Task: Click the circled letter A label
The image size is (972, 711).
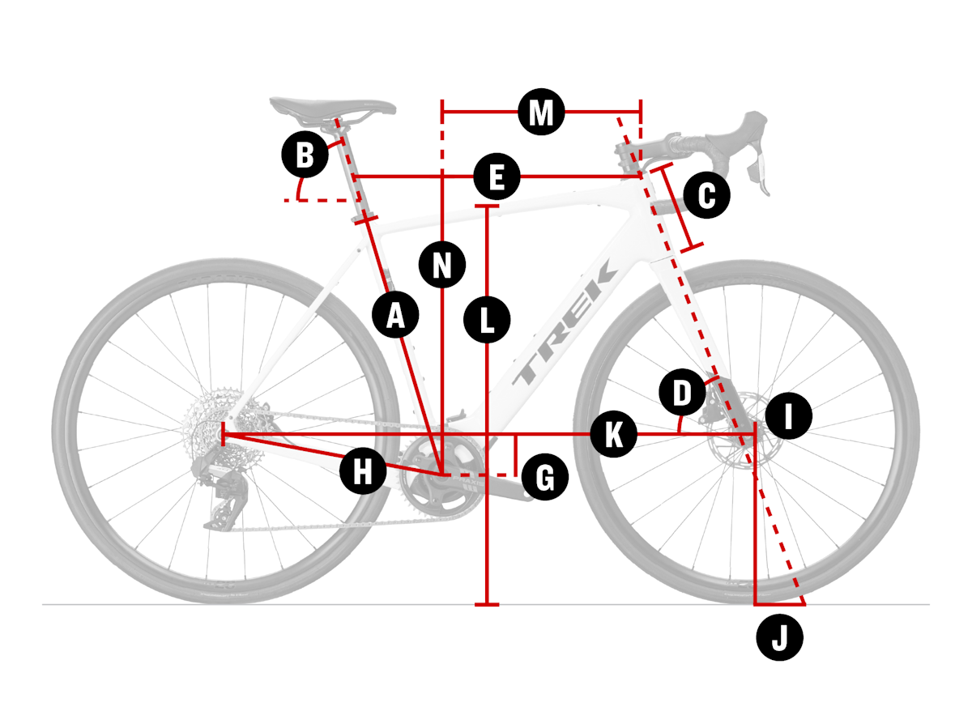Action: click(395, 314)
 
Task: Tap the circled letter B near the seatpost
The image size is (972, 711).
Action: click(305, 155)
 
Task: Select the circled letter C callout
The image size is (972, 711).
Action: click(707, 196)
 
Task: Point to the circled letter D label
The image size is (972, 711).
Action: click(682, 394)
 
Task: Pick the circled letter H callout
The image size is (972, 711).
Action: click(364, 470)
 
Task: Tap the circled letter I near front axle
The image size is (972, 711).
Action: click(789, 416)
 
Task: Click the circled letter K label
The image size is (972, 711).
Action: click(613, 435)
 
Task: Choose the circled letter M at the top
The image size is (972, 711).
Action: click(541, 113)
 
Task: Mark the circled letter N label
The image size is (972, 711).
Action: click(442, 264)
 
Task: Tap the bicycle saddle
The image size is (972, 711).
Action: click(332, 108)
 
